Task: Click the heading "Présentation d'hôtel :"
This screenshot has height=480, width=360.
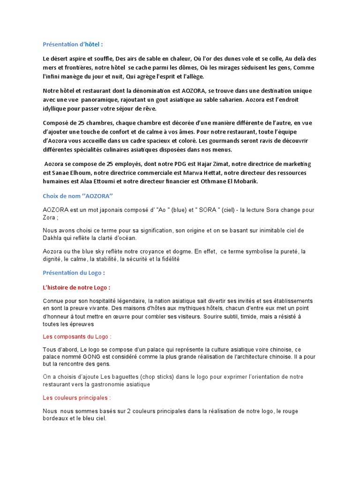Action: point(73,45)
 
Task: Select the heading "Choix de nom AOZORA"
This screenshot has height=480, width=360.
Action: point(78,196)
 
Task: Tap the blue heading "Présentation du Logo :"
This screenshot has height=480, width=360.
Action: point(74,272)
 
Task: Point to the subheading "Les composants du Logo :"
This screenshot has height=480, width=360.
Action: point(77,337)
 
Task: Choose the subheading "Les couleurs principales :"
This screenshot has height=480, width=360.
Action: point(77,398)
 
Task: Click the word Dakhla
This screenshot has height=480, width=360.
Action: point(53,238)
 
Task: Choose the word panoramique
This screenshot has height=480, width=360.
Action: point(103,99)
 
